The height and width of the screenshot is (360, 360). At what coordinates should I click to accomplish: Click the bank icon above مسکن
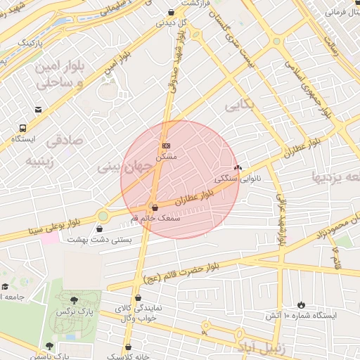[166, 146]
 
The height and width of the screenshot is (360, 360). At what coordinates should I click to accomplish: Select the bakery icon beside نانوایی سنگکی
[238, 167]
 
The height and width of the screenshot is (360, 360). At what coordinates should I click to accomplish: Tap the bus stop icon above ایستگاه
[23, 129]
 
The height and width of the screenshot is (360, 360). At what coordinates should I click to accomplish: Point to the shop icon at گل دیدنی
[172, 12]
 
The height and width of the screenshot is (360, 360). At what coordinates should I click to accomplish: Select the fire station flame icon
[302, 305]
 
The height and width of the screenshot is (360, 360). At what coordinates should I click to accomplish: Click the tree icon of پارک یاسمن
[49, 345]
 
